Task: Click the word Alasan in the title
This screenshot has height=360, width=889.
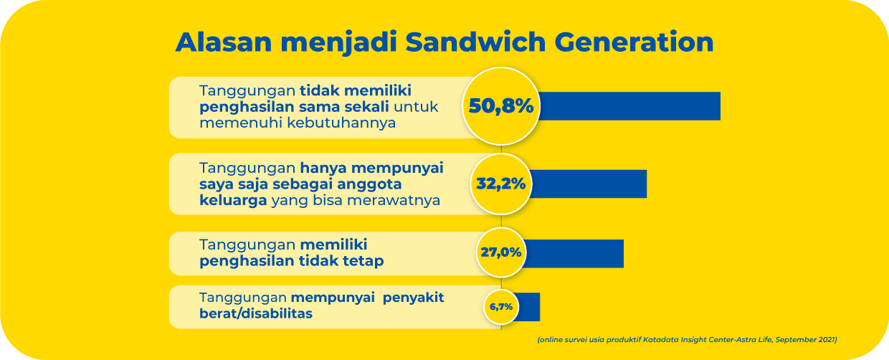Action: tap(224, 42)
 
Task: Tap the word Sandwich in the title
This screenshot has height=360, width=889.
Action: tap(475, 42)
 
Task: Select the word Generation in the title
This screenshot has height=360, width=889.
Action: tap(634, 42)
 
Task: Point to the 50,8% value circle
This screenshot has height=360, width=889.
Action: tap(501, 106)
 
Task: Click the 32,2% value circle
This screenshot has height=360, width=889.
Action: tap(501, 184)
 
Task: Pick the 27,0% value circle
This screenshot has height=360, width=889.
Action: tap(501, 252)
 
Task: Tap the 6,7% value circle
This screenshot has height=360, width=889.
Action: tap(501, 307)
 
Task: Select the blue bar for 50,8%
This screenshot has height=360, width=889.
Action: tap(629, 106)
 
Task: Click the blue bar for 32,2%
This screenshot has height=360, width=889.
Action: tap(589, 184)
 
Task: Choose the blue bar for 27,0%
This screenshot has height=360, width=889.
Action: tap(574, 254)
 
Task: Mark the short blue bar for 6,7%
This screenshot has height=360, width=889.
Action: tap(528, 307)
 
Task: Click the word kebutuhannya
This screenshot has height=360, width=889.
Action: tap(341, 123)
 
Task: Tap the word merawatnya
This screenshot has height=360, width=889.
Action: tap(394, 201)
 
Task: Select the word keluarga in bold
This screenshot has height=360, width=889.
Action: tap(233, 201)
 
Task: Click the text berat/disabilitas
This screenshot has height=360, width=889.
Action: tap(255, 313)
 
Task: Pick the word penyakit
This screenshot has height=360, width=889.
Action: tap(413, 298)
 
